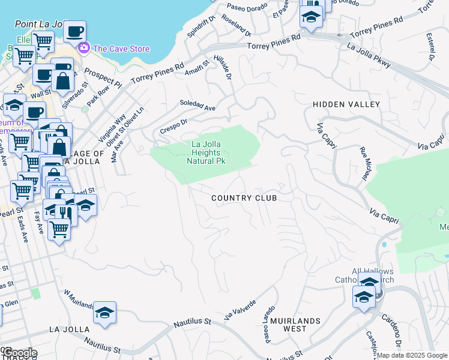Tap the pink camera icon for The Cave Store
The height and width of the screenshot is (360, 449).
(x=84, y=48)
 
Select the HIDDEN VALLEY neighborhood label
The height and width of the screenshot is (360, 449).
(x=346, y=104)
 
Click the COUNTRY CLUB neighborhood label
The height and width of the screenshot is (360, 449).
(x=244, y=198)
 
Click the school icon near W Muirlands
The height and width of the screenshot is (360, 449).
(x=104, y=312)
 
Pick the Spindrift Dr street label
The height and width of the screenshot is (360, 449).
(x=197, y=25)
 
